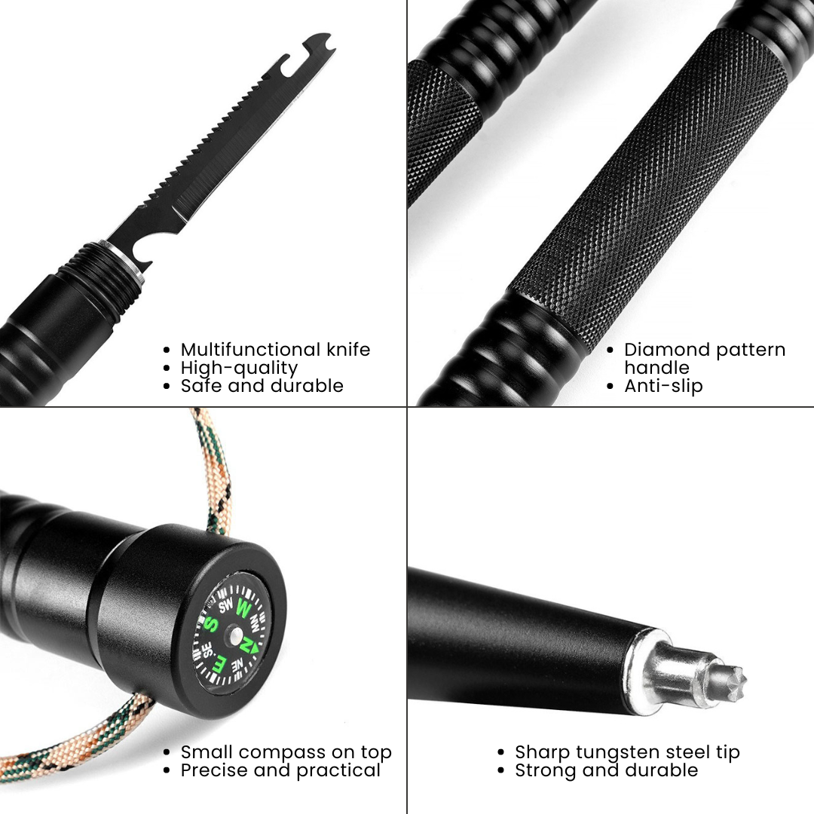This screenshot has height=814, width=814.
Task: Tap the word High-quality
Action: [239, 368]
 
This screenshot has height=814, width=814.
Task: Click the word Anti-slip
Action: [663, 386]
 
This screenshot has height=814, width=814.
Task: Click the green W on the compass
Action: [243, 606]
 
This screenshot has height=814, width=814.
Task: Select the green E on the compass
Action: [220, 666]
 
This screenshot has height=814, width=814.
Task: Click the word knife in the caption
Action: [348, 350]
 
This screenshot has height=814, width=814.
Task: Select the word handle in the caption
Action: [656, 368]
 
